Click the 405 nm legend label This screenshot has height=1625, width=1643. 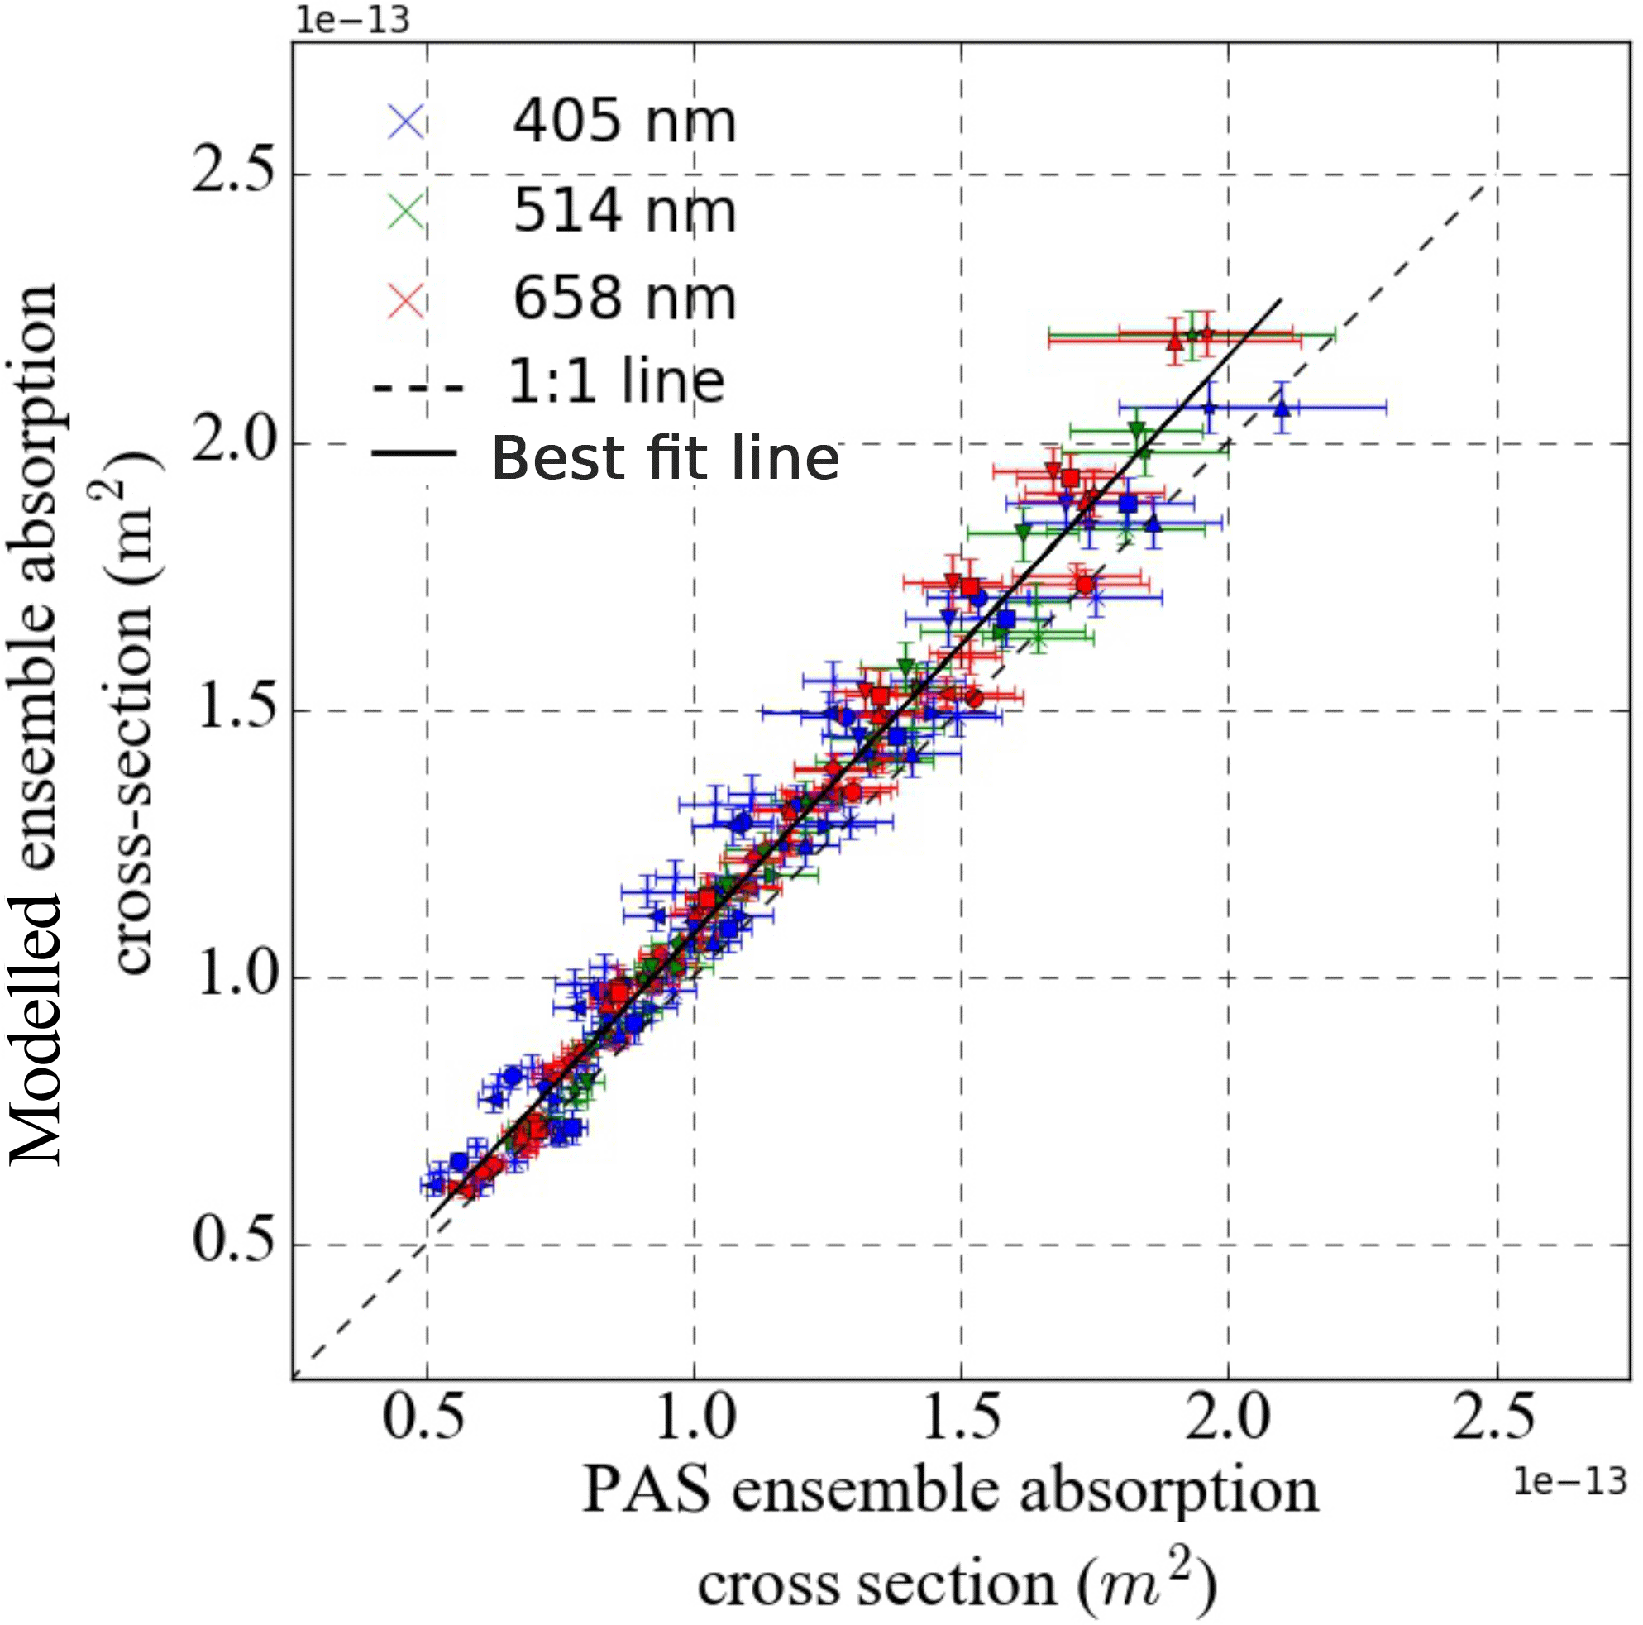tap(623, 121)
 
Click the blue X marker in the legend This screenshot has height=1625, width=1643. tap(407, 122)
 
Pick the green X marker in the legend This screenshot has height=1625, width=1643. tap(407, 211)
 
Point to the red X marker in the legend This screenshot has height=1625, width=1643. tap(407, 300)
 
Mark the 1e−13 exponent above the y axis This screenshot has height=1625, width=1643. tap(351, 19)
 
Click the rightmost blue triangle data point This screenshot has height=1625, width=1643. tap(1282, 409)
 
